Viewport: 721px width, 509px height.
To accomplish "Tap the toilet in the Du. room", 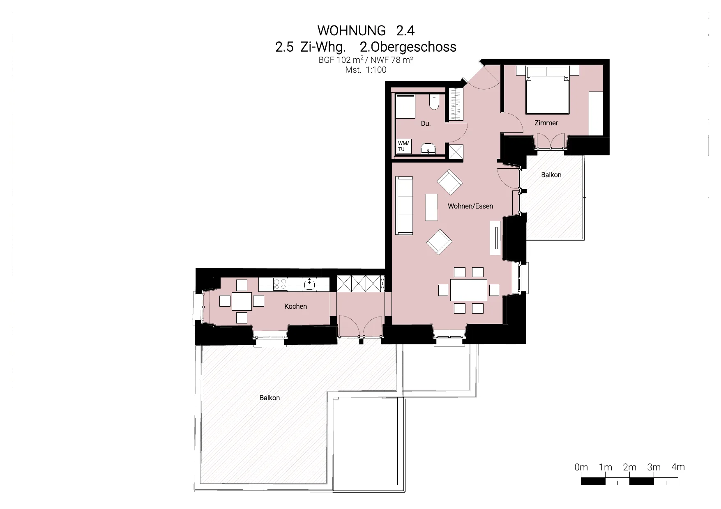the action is coord(434,102).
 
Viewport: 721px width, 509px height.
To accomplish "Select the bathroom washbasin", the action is coord(429,149).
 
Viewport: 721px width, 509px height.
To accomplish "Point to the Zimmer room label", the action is coord(546,123).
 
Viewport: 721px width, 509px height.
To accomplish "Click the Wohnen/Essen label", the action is coord(470,206).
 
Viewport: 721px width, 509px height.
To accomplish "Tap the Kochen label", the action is coord(295,306).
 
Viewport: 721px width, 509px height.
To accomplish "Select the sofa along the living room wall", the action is coord(404,206).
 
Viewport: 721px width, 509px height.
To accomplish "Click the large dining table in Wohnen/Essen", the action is coord(469,290).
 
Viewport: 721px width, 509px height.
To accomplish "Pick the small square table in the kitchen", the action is coord(242,301).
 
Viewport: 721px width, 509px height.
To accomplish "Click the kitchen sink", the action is coord(309,284).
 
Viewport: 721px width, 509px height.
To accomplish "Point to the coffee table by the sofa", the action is coord(431,207).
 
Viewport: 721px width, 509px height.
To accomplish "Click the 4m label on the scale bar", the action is coord(678,467).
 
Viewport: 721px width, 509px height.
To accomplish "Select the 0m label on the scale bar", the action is coord(581,467).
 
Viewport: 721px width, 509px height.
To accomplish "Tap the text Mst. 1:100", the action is coord(366,70).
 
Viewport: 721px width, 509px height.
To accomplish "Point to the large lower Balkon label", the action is coord(270,398).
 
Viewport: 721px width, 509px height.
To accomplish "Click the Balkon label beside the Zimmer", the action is coord(551,175).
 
